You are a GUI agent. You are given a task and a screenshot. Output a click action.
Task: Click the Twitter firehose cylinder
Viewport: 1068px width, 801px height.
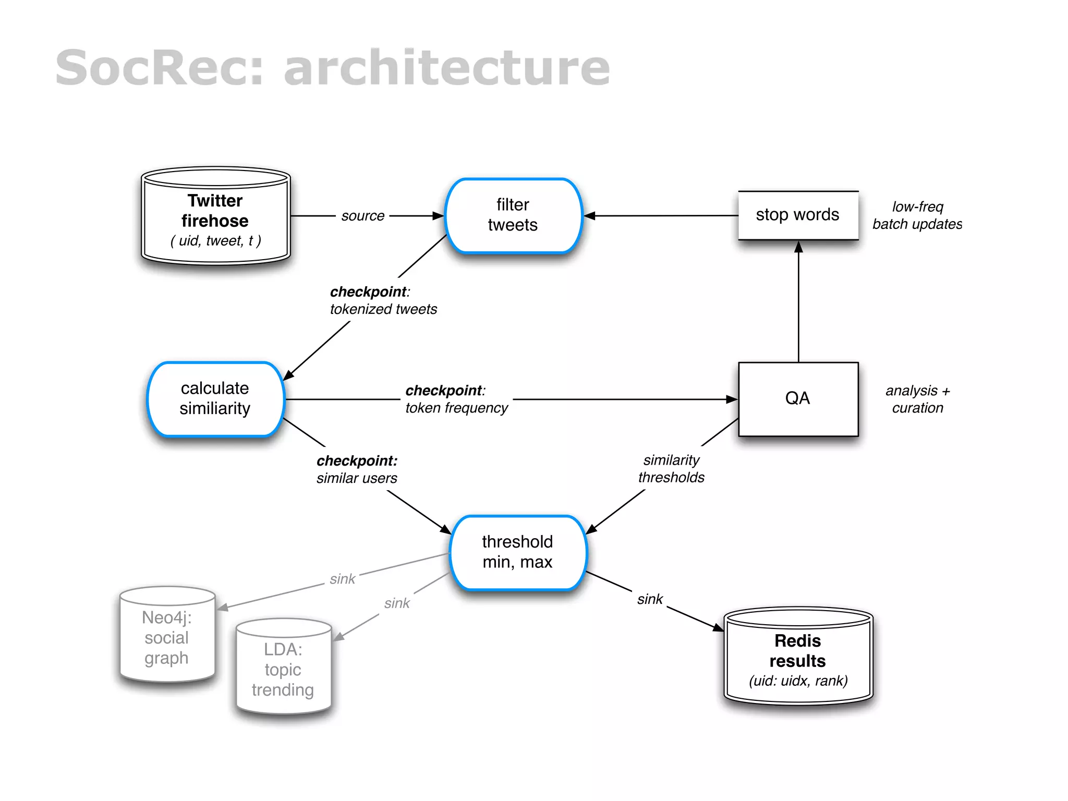pos(215,216)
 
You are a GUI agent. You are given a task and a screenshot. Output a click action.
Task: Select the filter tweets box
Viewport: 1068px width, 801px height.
pos(513,215)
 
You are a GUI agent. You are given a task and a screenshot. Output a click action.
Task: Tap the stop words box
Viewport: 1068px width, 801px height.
pos(798,215)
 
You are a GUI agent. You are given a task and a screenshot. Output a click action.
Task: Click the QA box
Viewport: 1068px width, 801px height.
pos(798,398)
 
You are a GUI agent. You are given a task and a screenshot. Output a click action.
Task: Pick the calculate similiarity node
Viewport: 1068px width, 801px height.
pos(215,398)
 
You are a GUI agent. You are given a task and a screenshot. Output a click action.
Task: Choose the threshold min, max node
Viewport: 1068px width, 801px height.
pos(517,552)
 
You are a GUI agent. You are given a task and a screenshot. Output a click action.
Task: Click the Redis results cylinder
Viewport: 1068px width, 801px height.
pos(798,657)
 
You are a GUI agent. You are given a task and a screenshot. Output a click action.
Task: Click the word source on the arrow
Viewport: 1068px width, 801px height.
pos(363,216)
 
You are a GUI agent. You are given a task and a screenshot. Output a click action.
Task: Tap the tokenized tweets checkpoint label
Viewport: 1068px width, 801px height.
pos(383,300)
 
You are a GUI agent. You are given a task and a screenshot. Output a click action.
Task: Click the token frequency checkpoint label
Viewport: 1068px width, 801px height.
pos(456,399)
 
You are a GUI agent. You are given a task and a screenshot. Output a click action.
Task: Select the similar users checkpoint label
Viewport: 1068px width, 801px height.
pos(357,469)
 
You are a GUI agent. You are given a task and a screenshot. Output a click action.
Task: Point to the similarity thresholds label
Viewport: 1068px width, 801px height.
pos(671,469)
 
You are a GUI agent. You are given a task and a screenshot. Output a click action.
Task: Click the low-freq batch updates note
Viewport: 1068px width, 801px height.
pos(917,215)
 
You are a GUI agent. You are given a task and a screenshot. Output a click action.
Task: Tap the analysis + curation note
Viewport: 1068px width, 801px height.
pos(917,399)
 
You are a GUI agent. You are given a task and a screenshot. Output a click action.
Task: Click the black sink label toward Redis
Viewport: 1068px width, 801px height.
pos(650,599)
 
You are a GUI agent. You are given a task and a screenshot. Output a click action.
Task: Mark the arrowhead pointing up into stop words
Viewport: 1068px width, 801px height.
pos(798,247)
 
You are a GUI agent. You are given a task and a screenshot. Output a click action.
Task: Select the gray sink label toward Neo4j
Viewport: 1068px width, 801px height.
pos(342,579)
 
